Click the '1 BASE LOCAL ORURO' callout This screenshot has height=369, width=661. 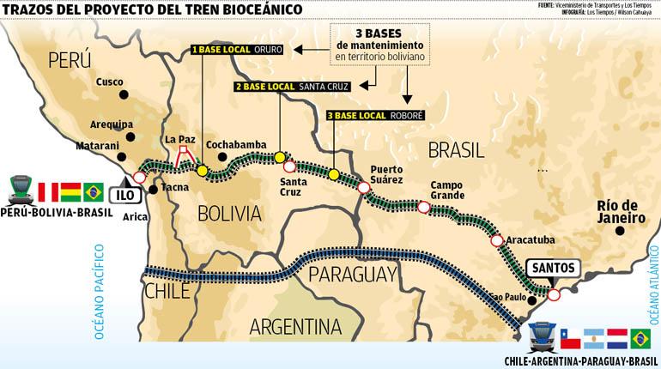coord(233,50)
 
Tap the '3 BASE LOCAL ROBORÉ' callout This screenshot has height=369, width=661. coord(375,115)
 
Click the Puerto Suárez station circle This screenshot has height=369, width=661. coord(364,187)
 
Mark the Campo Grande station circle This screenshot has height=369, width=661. coord(423,206)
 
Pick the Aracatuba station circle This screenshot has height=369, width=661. coord(497,241)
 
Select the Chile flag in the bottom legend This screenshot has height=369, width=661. coord(571,338)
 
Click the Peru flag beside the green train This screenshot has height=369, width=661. coord(48,191)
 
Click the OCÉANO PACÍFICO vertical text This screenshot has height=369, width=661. coord(100,292)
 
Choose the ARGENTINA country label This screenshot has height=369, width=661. coord(294,326)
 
